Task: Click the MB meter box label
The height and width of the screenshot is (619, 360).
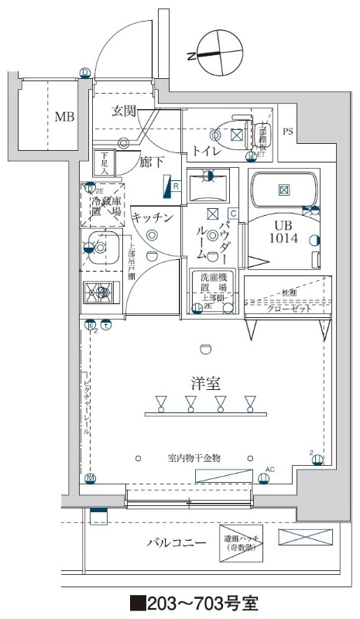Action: (65, 118)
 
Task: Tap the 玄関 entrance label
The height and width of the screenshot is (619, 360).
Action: (124, 111)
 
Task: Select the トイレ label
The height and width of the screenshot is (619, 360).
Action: (204, 151)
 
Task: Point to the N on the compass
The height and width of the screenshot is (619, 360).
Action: (191, 56)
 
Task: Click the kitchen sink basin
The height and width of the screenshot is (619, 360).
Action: (103, 247)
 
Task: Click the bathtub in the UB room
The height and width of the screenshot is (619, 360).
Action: (284, 189)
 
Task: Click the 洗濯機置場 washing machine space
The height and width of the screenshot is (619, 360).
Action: (213, 290)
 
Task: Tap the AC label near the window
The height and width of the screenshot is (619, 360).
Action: (270, 469)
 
